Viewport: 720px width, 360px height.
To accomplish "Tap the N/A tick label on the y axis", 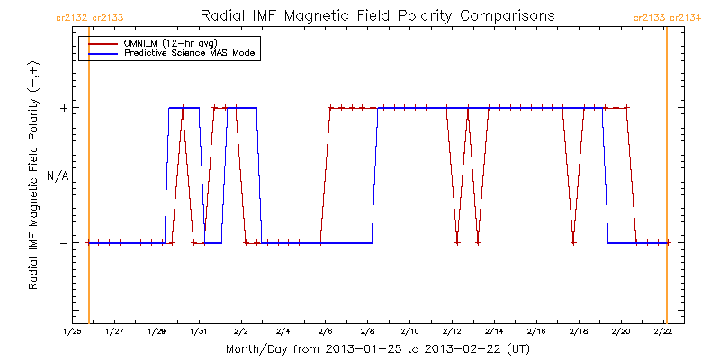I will [58, 175].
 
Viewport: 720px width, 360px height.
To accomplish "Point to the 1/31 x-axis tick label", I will [199, 331].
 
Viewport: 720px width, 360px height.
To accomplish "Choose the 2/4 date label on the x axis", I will [283, 331].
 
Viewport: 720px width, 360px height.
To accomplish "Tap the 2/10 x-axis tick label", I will [409, 331].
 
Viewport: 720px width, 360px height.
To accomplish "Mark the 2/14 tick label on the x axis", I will [494, 331].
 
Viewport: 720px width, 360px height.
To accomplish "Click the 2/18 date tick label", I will [579, 331].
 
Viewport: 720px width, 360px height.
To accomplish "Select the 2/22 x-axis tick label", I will [663, 331].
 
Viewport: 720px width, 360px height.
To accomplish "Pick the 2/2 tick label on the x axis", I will [240, 331].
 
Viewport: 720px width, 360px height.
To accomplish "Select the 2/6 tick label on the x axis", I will [325, 331].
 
